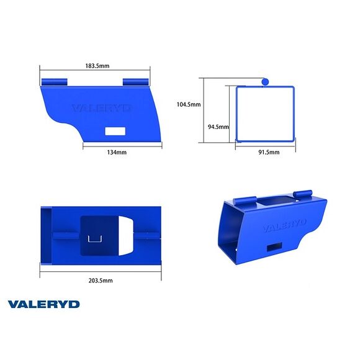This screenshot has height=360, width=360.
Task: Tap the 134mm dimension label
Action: [116, 151]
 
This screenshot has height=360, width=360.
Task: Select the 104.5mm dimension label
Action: [188, 104]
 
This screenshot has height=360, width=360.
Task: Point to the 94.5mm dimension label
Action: [218, 127]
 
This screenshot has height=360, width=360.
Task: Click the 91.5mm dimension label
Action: [268, 151]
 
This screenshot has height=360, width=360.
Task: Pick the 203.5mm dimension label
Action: [100, 281]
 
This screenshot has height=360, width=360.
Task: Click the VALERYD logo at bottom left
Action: [43, 304]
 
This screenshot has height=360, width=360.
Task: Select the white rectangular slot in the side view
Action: [115, 131]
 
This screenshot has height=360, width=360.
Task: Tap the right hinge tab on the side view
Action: [136, 82]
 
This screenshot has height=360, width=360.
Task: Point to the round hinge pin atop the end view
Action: [265, 81]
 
